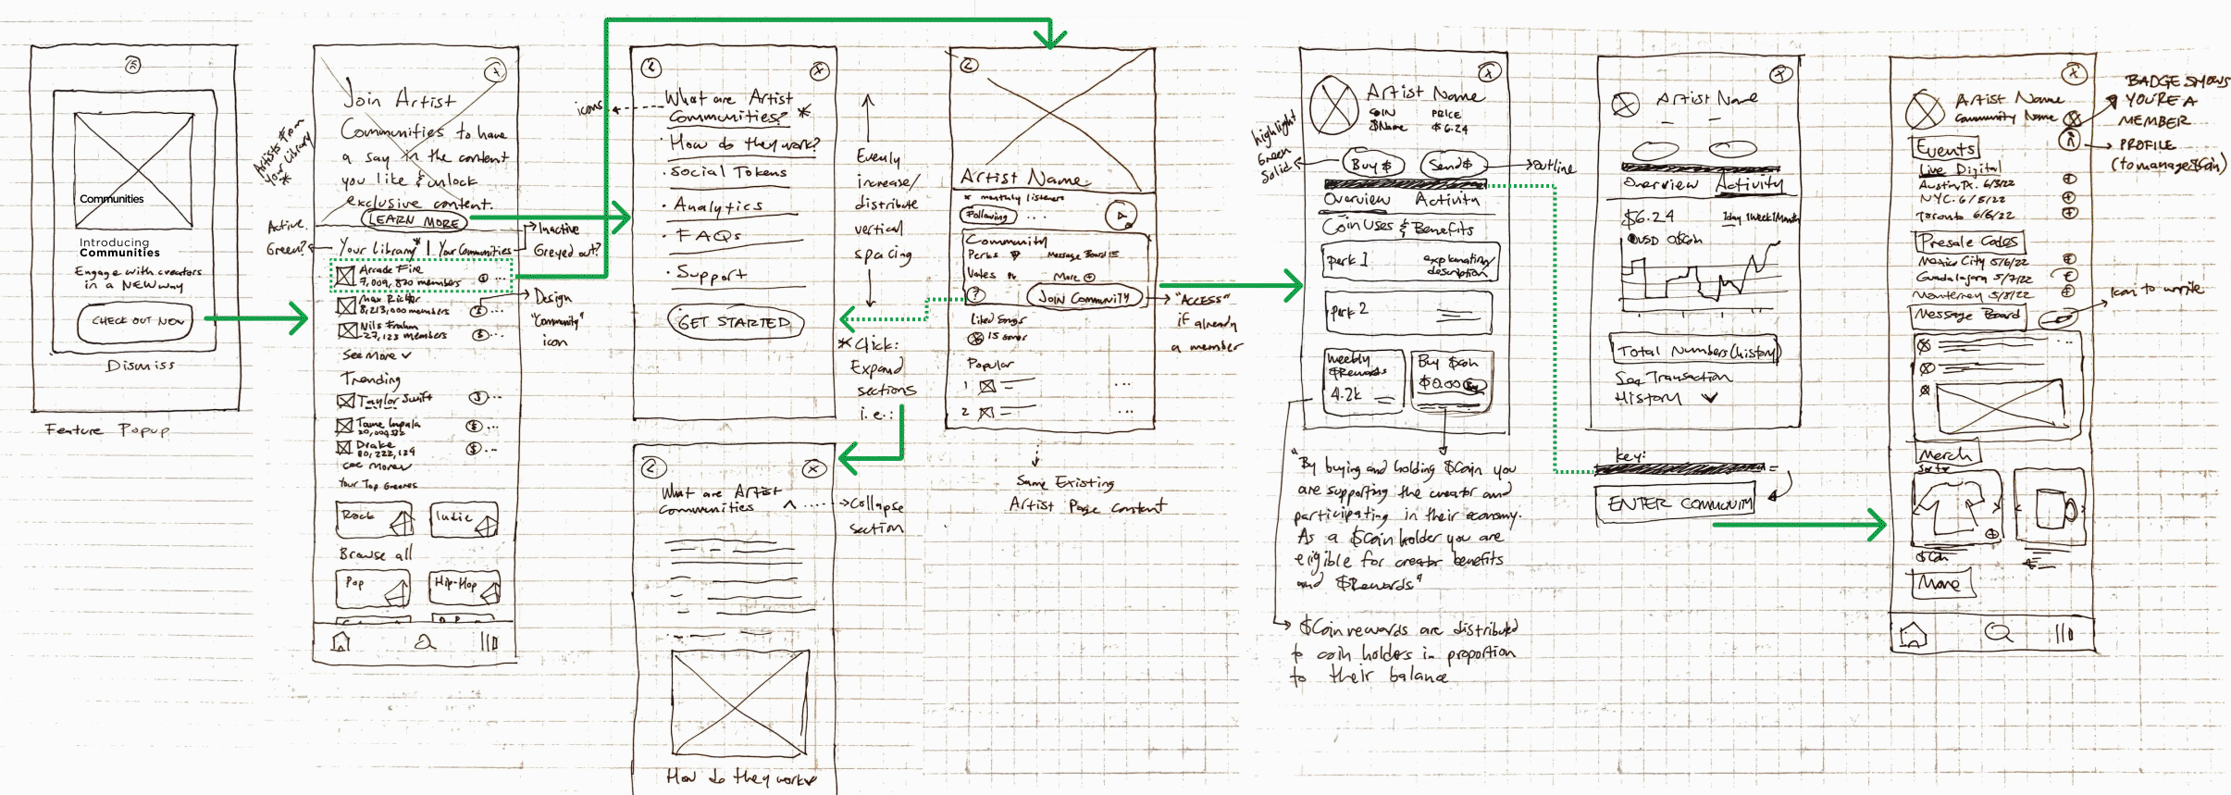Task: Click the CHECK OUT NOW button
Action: (x=136, y=321)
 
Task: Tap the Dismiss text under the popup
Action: (x=141, y=366)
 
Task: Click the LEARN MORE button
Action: (x=415, y=220)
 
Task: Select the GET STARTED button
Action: (x=735, y=322)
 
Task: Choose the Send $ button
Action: (x=1451, y=165)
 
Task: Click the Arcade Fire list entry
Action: (x=407, y=276)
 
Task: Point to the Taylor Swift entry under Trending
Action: (x=393, y=400)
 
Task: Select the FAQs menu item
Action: (x=709, y=236)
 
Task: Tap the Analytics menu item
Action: (x=718, y=205)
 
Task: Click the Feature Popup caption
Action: (x=107, y=430)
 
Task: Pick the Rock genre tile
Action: (x=375, y=519)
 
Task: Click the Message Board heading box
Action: (x=1966, y=316)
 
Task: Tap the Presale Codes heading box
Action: (x=1968, y=242)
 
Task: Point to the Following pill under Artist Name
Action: (x=988, y=216)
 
